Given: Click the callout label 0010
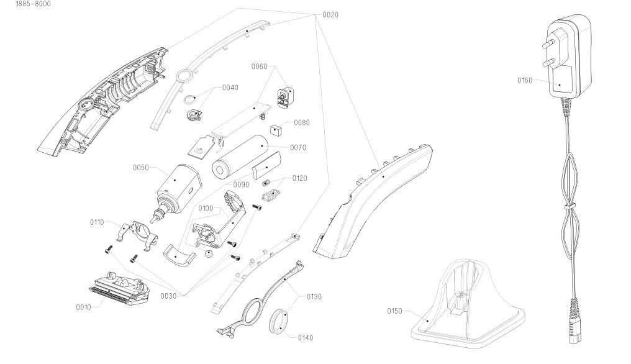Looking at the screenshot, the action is (84, 307).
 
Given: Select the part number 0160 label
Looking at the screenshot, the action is (525, 81).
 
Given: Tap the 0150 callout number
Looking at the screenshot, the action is (394, 311).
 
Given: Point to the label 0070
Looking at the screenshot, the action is (298, 148).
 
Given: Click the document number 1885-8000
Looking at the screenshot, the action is (34, 4).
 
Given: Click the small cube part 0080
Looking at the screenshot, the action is (276, 130).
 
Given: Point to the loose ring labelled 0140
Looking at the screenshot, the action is (278, 321).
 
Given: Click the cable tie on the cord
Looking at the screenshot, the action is (570, 207).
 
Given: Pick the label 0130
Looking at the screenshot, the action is (314, 297).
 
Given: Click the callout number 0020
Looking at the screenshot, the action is (330, 15).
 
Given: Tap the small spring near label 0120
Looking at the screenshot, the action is (265, 183).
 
